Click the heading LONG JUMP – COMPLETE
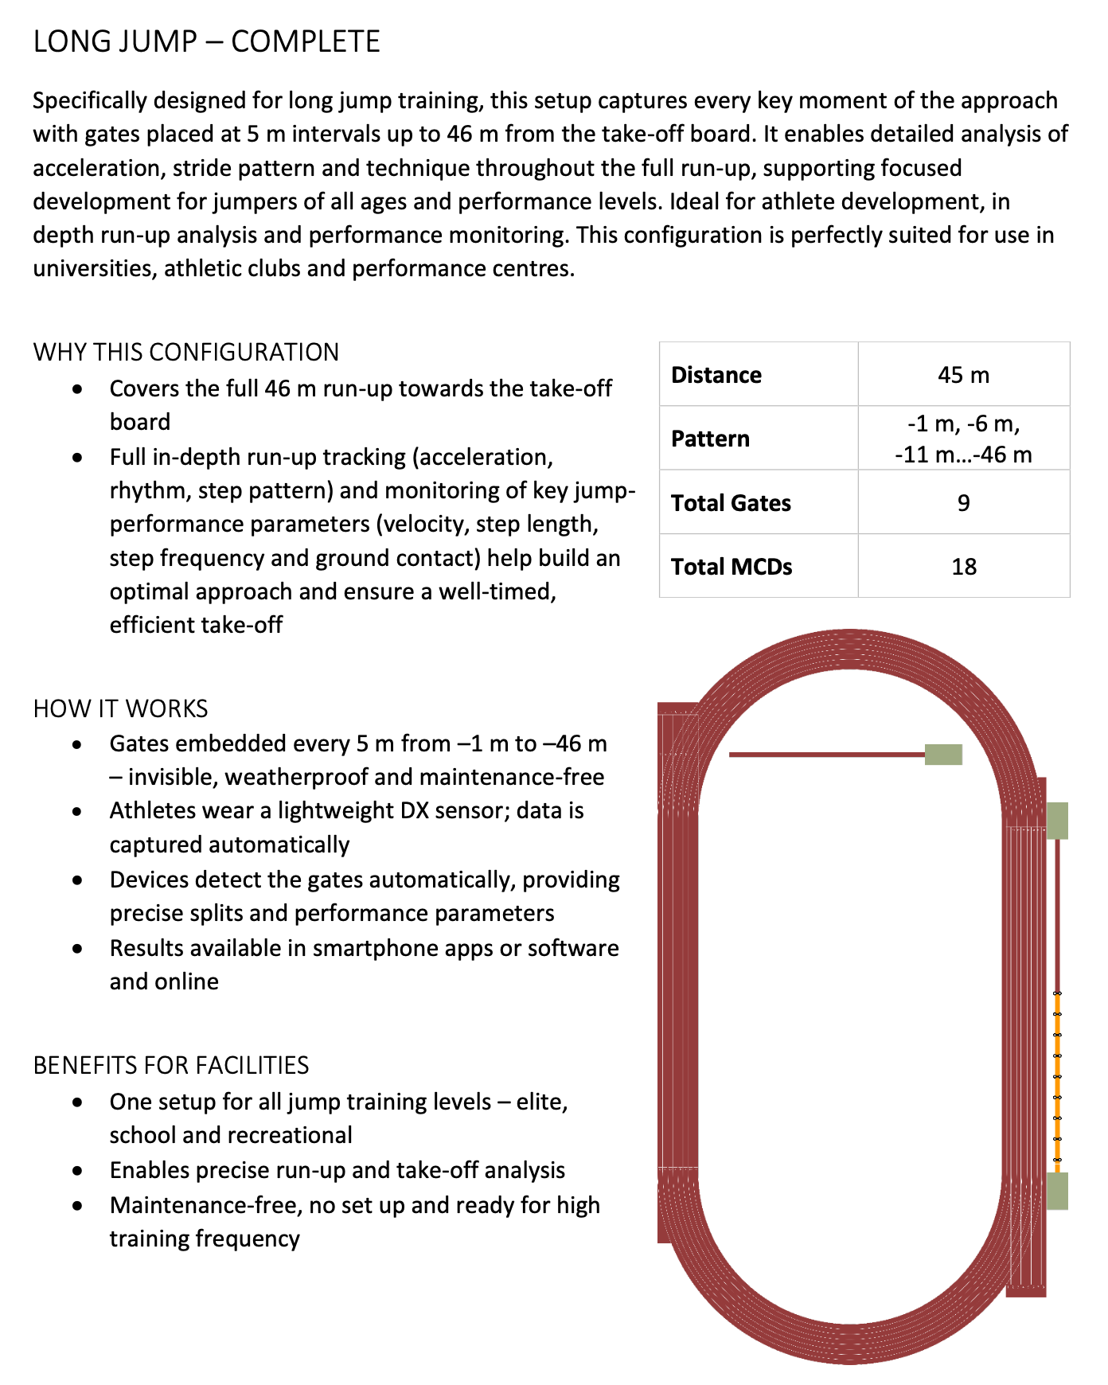click(206, 41)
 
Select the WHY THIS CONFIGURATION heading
click(186, 352)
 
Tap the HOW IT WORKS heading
click(120, 708)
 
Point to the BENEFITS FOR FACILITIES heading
click(170, 1065)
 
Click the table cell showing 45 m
click(963, 375)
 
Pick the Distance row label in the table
click(716, 375)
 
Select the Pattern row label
click(710, 439)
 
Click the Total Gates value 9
click(963, 503)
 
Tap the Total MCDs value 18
click(963, 567)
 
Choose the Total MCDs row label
click(732, 567)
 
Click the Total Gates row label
click(731, 503)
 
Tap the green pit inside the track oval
click(943, 755)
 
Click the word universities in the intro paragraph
click(95, 269)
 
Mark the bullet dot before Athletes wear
click(77, 812)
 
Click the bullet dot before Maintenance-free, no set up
click(77, 1206)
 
